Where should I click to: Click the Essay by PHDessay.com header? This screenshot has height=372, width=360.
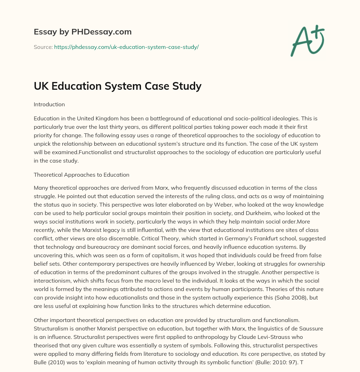(x=83, y=32)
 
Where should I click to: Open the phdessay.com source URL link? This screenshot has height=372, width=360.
(x=126, y=47)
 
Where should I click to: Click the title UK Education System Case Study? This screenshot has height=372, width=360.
(x=117, y=86)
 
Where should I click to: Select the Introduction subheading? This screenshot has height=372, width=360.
(x=49, y=105)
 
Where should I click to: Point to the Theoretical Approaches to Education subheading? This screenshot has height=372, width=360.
(x=82, y=175)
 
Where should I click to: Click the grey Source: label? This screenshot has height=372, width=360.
(x=43, y=47)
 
